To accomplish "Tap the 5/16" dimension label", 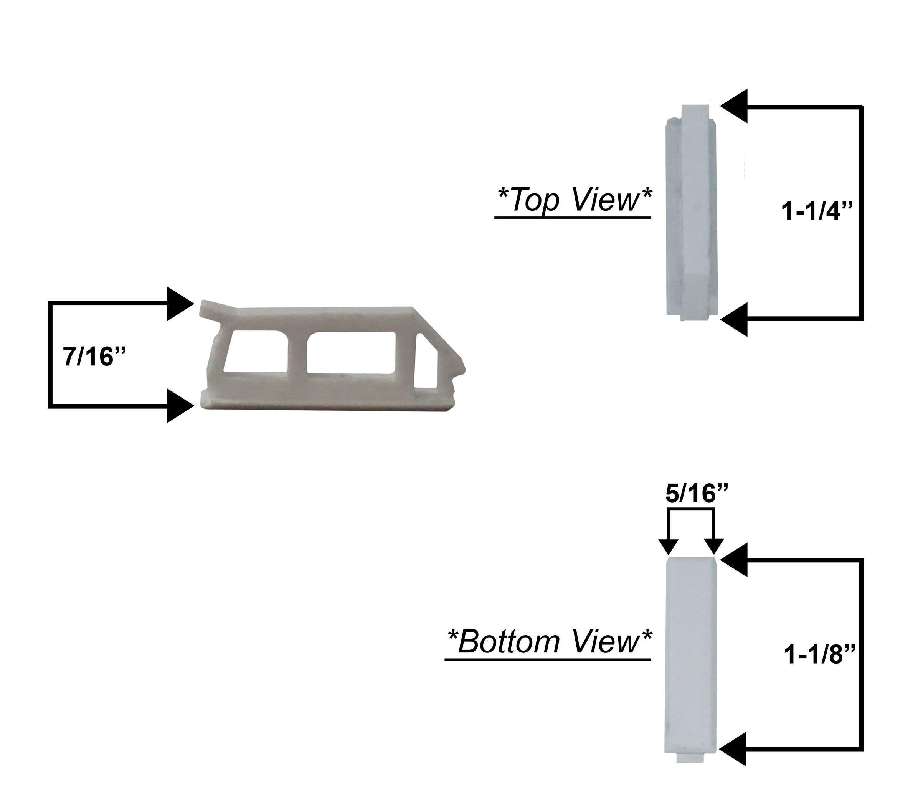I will click(x=696, y=494).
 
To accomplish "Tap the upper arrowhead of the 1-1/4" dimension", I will click(x=735, y=106).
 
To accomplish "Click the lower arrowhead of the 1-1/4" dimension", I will click(x=735, y=319).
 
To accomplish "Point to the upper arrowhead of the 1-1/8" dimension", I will click(x=735, y=559).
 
